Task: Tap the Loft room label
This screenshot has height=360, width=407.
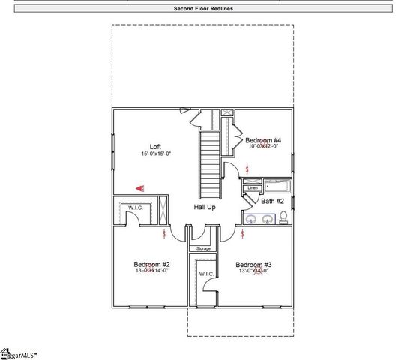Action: point(155,146)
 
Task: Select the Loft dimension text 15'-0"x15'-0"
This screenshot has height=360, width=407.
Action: point(155,154)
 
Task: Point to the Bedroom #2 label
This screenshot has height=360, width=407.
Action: point(151,264)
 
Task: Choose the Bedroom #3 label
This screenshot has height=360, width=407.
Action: point(253,264)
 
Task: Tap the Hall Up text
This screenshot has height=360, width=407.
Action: point(205,207)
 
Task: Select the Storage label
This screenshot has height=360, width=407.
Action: point(203,248)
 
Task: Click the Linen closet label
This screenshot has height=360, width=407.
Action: point(252,187)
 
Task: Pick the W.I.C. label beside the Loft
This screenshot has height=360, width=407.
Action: point(135,208)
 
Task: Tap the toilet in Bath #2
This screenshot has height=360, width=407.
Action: point(283,218)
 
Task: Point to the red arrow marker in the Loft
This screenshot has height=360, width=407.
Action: point(139,189)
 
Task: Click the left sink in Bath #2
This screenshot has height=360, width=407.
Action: point(253,220)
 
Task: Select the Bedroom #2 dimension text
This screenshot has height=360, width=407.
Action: point(151,271)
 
